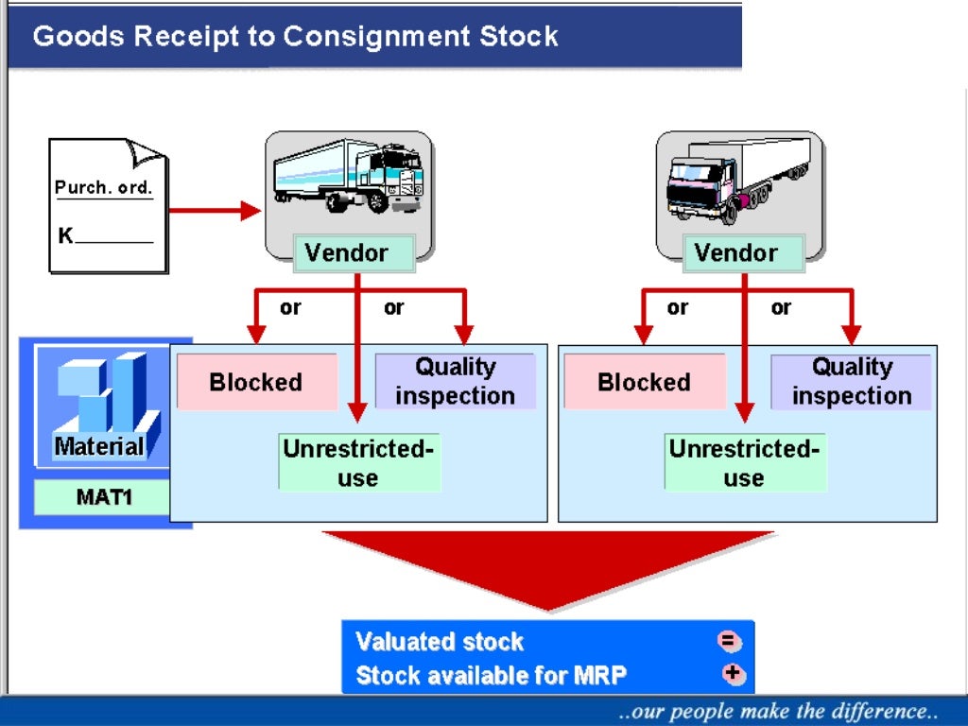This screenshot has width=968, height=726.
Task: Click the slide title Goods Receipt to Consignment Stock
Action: pos(296,37)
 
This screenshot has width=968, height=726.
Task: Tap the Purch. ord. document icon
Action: pos(108,206)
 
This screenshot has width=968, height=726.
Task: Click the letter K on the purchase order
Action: pos(65,235)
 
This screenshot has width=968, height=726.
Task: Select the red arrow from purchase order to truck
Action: pos(214,211)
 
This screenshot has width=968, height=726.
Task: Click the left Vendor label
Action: pos(346,253)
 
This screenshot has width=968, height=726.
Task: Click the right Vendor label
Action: pos(735,253)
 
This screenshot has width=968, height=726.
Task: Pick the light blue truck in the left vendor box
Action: pos(348,177)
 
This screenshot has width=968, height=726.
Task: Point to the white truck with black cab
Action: pos(738,177)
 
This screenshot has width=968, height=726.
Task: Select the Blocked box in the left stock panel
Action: pos(256,382)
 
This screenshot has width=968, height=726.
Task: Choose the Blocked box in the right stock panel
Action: pos(644,382)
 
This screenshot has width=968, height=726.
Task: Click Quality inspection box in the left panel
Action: pos(455,381)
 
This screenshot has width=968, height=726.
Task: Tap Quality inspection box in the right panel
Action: pos(851,381)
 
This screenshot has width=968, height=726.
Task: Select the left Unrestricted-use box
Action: pos(358,462)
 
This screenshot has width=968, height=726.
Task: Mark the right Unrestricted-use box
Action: pos(744,462)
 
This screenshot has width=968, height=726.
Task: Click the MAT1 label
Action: pos(104,496)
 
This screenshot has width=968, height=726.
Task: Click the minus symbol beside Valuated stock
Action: pos(730,642)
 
